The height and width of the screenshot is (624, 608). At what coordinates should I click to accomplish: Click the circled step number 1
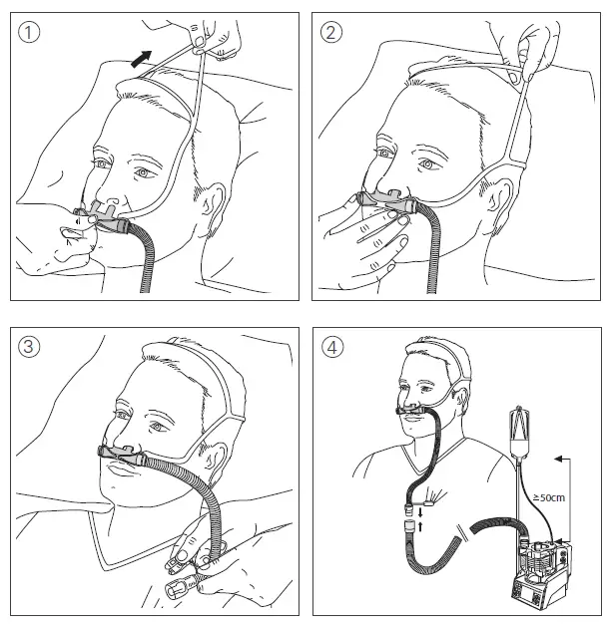(x=32, y=32)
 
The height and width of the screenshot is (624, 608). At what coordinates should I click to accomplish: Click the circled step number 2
(x=332, y=32)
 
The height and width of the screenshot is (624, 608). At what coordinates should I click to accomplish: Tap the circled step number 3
(x=32, y=347)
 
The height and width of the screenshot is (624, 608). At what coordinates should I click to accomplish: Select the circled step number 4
(x=332, y=347)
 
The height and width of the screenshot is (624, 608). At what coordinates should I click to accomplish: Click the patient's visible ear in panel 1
(x=213, y=203)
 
